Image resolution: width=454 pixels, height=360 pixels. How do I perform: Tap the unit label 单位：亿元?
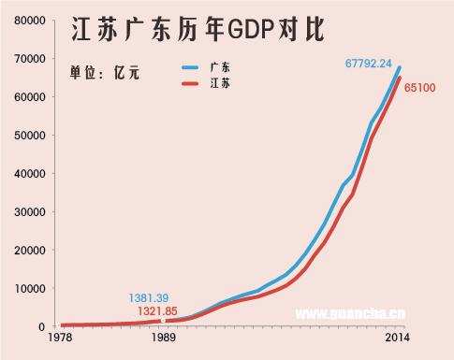pos(104,73)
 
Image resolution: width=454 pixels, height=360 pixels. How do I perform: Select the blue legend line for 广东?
pos(192,67)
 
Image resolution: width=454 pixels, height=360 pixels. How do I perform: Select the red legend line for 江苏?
pos(192,84)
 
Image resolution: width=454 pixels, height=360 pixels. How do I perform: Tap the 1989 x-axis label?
pos(163,338)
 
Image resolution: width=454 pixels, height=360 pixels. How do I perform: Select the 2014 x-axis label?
pos(397,338)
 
